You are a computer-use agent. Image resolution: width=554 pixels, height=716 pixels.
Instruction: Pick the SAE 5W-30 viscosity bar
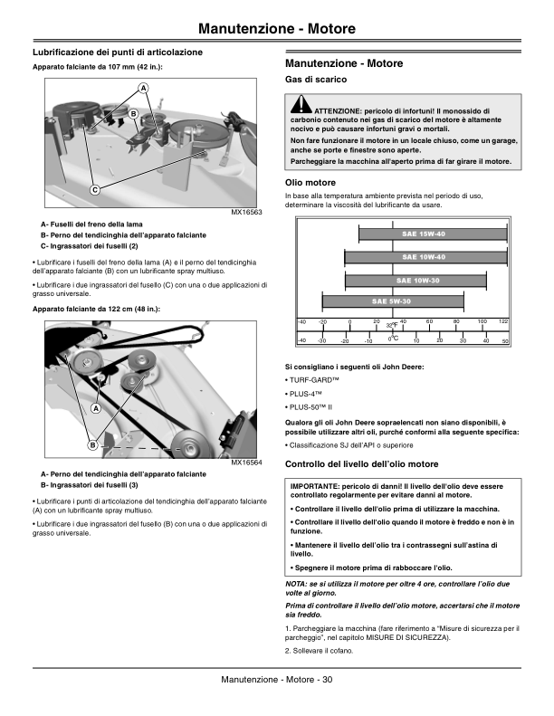tap(391, 301)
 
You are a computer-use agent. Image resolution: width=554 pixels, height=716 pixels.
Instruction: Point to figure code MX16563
tap(247, 212)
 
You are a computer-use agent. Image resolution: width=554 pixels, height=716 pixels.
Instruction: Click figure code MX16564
tap(247, 463)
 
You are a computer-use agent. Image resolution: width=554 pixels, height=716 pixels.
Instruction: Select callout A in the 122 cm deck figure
tap(94, 407)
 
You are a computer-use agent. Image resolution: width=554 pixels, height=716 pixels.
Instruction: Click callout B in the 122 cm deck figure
tap(92, 445)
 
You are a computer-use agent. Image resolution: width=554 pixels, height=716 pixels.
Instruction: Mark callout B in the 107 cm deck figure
tap(133, 114)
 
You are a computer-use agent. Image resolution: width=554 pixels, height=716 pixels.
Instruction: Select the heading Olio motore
tap(310, 183)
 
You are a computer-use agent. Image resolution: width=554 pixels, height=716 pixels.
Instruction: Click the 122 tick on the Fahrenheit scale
tap(503, 321)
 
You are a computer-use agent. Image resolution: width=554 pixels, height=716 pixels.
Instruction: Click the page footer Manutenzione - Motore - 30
tap(277, 680)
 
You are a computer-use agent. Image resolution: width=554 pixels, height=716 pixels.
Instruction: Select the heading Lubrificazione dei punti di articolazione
tap(117, 53)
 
